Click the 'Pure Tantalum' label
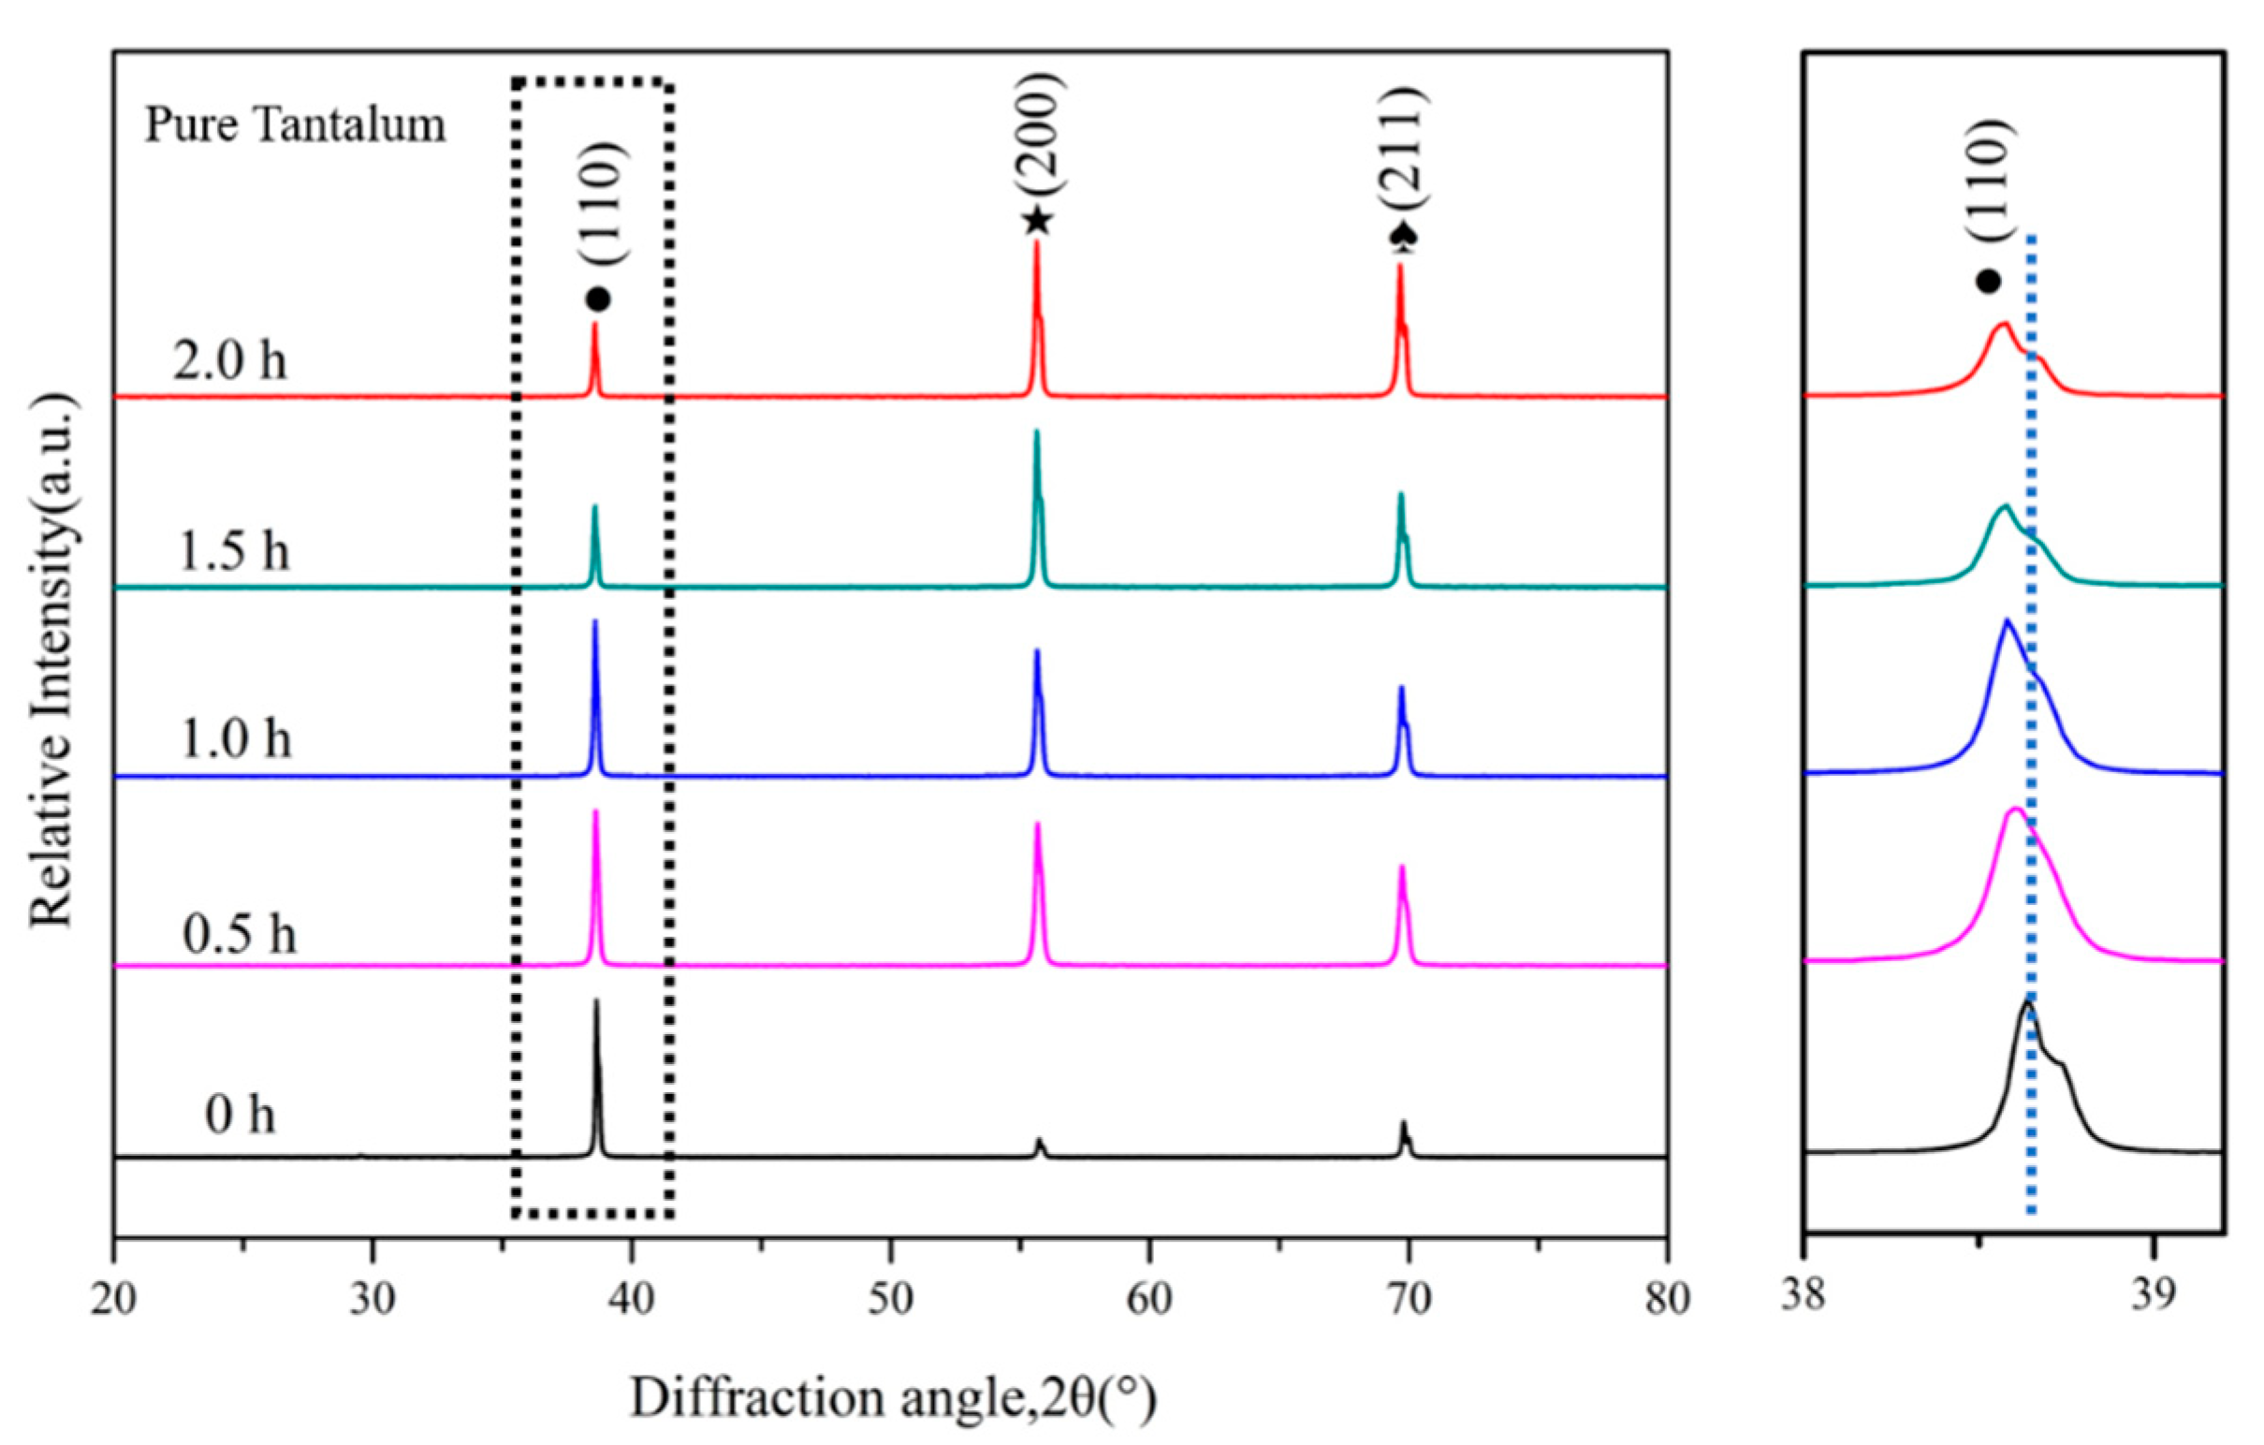[x=294, y=126]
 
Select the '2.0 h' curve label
[x=229, y=360]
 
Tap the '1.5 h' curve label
[x=233, y=551]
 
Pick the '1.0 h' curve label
[x=234, y=739]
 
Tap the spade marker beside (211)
[x=1403, y=239]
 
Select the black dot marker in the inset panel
[x=1988, y=281]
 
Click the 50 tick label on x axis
[x=890, y=1300]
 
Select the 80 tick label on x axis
[x=1666, y=1300]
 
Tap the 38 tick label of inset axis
[x=1804, y=1294]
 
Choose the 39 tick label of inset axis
[x=2152, y=1294]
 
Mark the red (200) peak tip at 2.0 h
[x=1036, y=243]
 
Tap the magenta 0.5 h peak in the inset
[x=2014, y=810]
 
